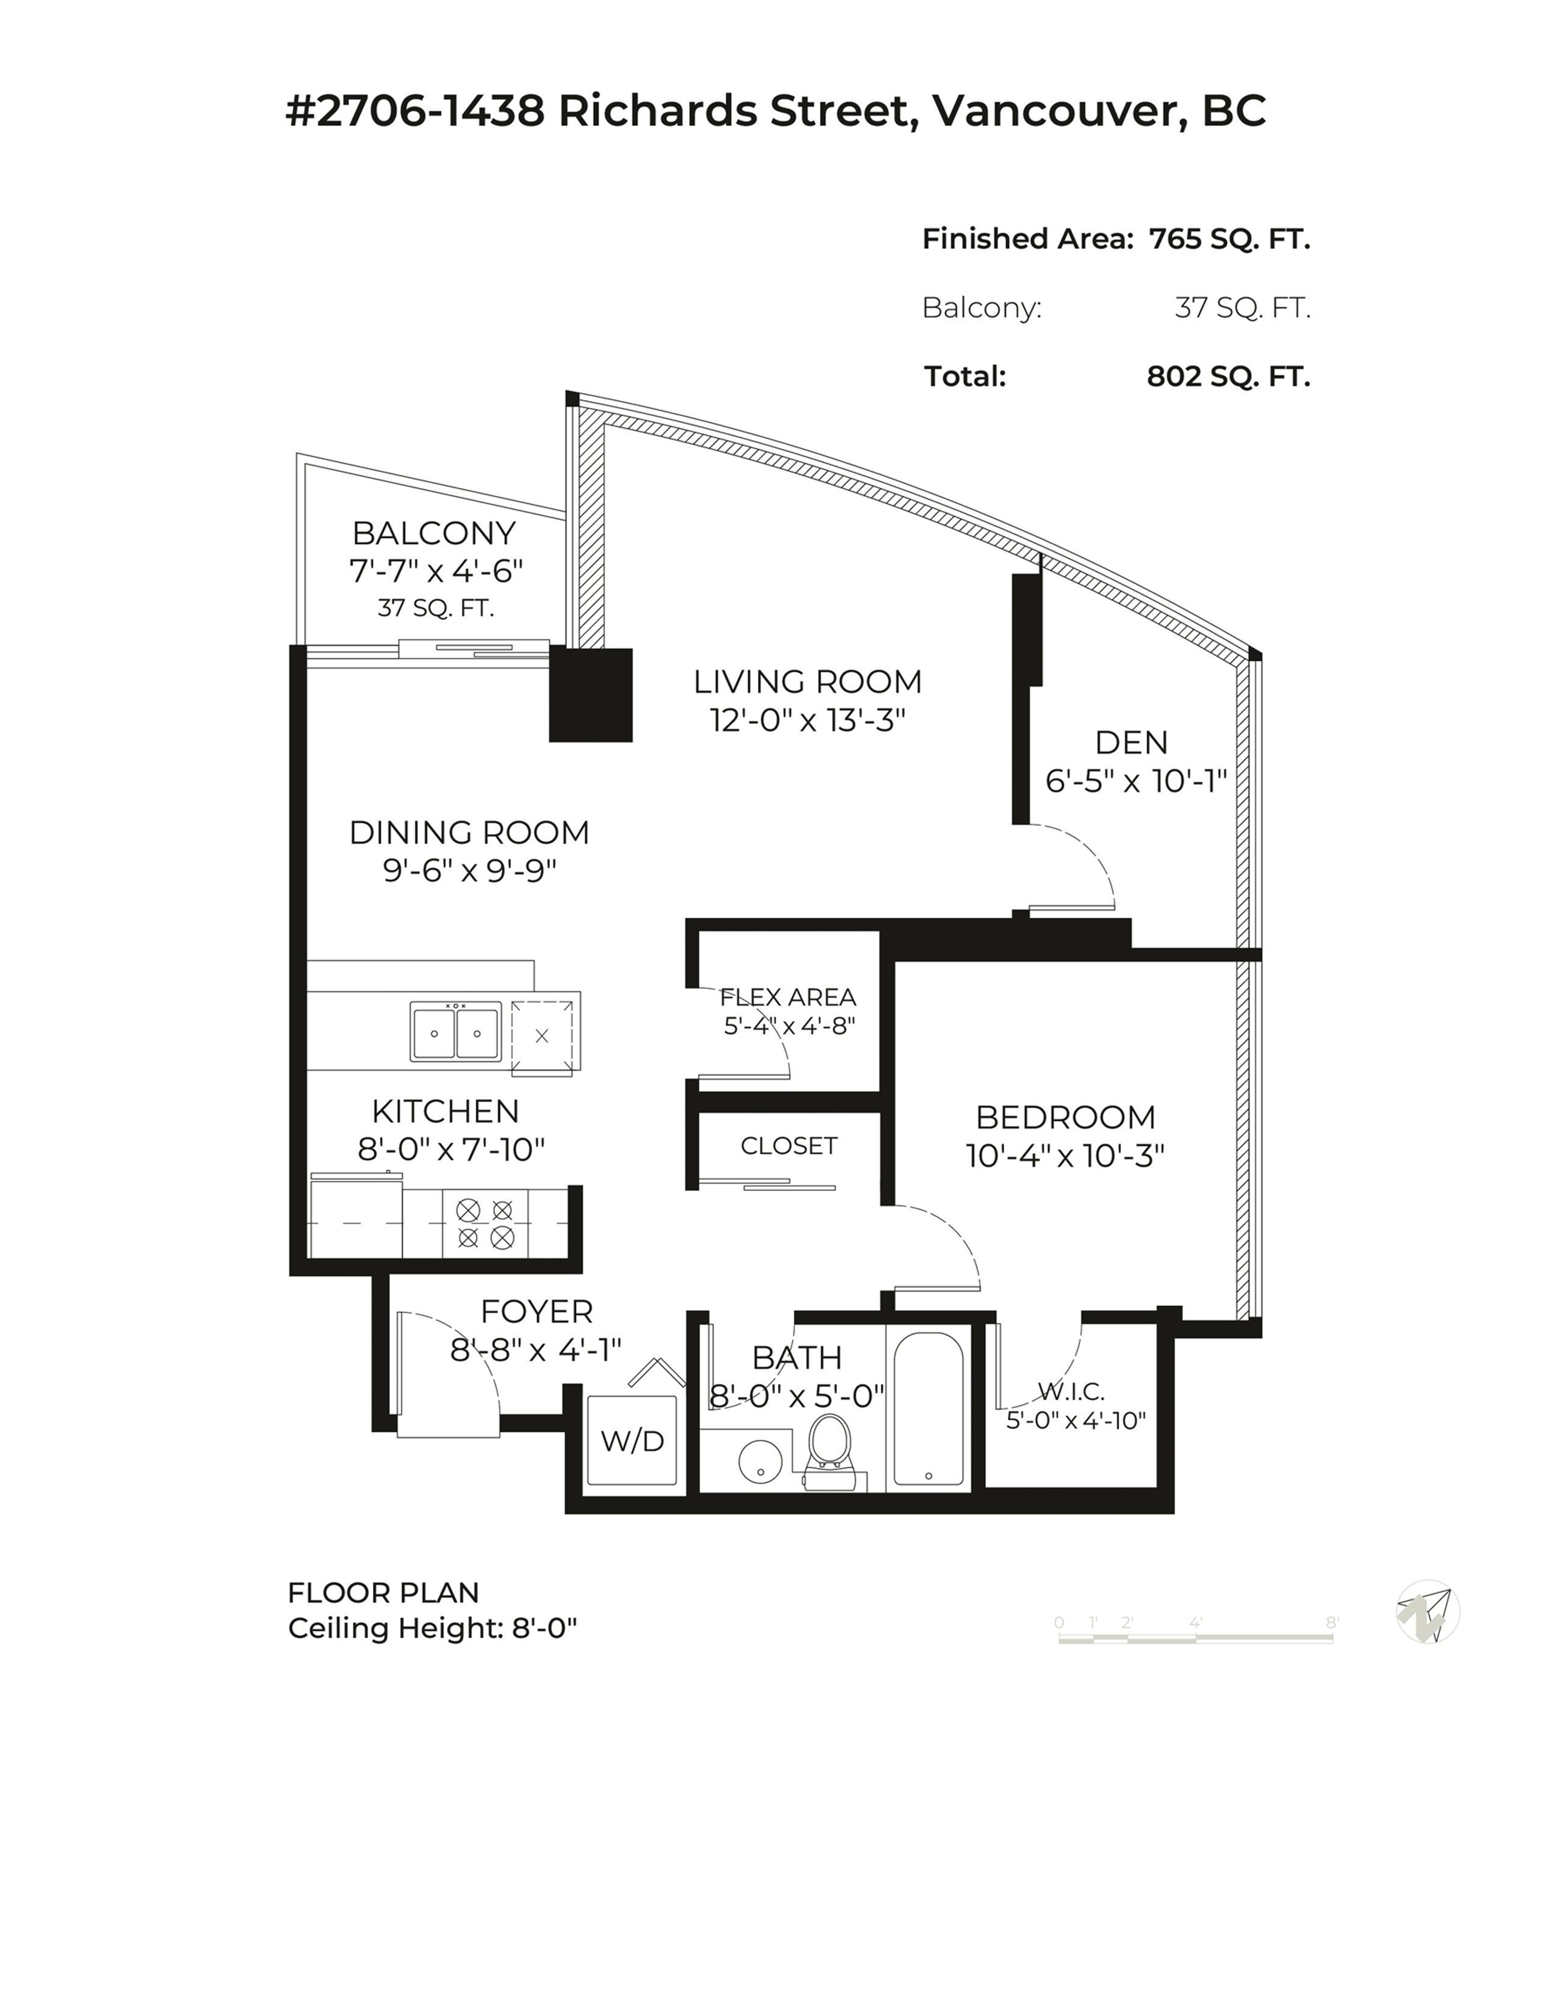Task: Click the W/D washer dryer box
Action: click(x=633, y=1440)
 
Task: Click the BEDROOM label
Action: click(x=1065, y=1117)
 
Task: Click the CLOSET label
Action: click(x=789, y=1145)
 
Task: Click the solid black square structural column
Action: click(x=591, y=695)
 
